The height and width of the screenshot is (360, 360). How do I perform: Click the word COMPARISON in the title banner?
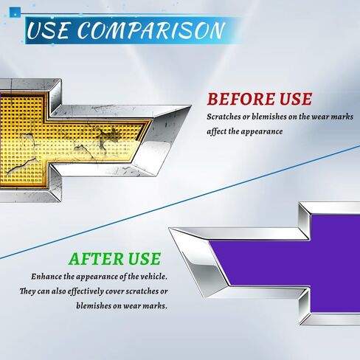pyautogui.click(x=151, y=30)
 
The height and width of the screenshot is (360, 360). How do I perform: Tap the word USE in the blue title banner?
pyautogui.click(x=48, y=30)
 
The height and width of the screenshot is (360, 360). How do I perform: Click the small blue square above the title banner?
pyautogui.click(x=15, y=13)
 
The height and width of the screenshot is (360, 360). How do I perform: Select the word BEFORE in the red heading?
pyautogui.click(x=241, y=99)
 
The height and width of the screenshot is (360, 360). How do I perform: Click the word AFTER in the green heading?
pyautogui.click(x=97, y=259)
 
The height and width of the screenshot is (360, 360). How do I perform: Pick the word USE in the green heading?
pyautogui.click(x=145, y=259)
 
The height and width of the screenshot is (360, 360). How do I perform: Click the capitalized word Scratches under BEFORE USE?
pyautogui.click(x=224, y=117)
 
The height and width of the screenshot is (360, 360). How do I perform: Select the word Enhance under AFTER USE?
pyautogui.click(x=46, y=277)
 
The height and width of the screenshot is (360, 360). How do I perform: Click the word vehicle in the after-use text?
pyautogui.click(x=153, y=277)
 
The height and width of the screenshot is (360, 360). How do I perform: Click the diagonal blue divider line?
pyautogui.click(x=180, y=202)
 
